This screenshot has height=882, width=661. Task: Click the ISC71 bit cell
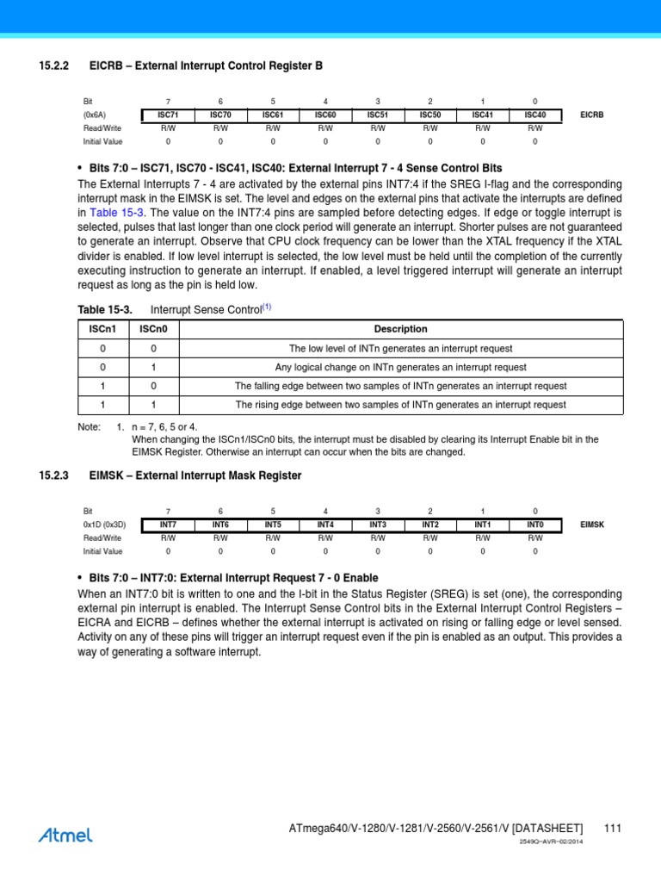tap(168, 114)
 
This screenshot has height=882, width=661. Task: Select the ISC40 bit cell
tap(534, 114)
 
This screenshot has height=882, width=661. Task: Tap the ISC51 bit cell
tap(378, 114)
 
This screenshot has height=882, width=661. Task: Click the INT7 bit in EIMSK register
tap(168, 524)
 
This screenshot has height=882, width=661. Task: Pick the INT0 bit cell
tap(534, 524)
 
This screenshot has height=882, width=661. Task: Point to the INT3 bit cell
tap(378, 524)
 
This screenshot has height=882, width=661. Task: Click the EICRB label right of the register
tap(592, 114)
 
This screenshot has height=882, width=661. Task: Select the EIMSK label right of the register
tap(592, 524)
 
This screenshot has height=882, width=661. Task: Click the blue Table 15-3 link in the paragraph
tap(117, 213)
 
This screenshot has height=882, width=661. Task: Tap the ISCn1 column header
tap(103, 329)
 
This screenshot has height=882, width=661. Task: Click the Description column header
tap(400, 329)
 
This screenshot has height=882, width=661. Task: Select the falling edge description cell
tap(400, 386)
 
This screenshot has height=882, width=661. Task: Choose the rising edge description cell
tap(400, 405)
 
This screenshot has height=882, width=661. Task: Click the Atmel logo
tap(65, 834)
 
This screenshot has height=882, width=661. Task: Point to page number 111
tap(612, 829)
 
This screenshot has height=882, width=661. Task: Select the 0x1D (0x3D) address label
tap(104, 524)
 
